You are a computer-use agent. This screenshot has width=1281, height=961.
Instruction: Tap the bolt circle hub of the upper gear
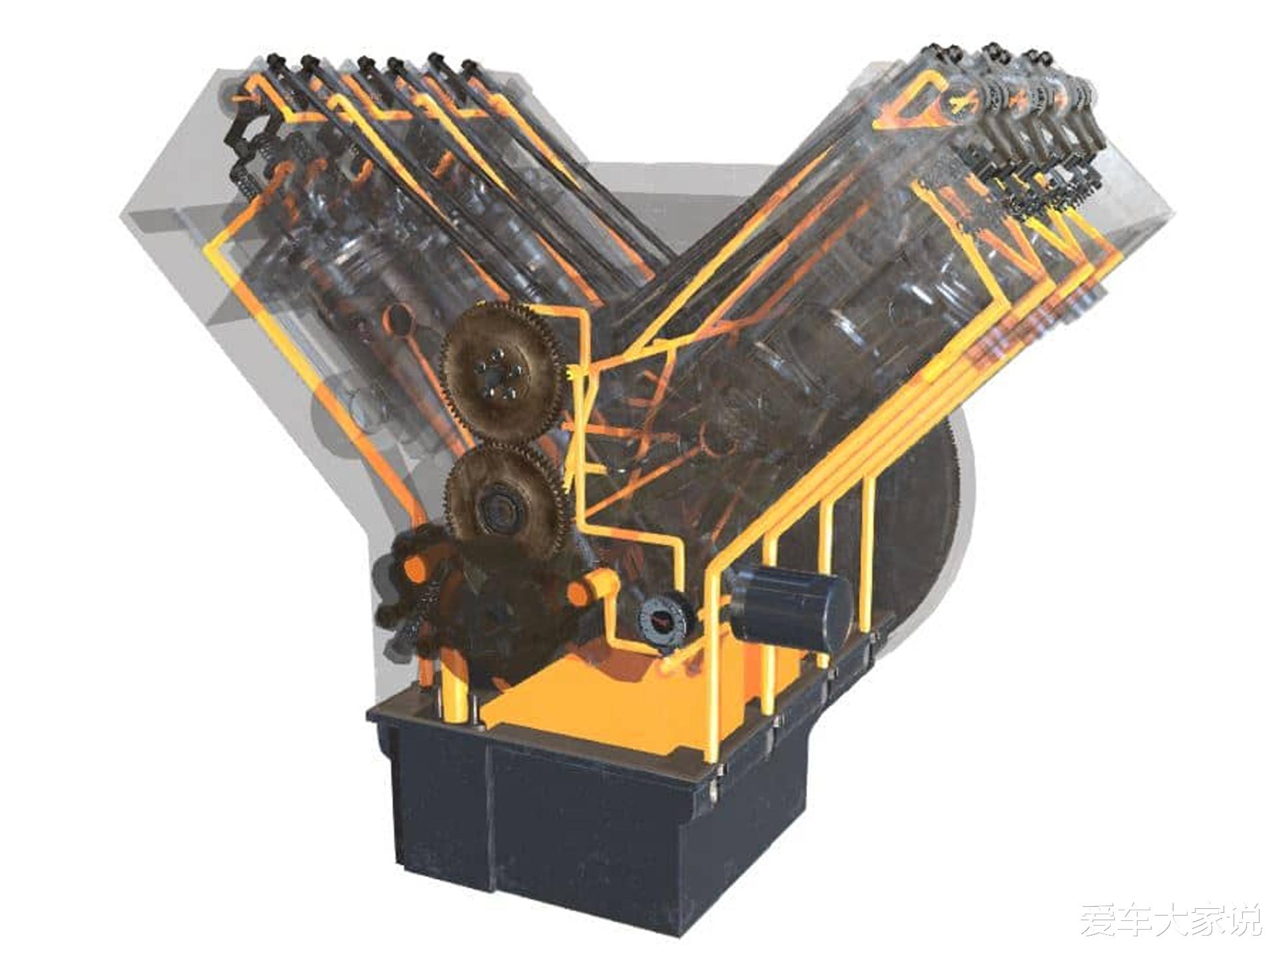[x=498, y=378]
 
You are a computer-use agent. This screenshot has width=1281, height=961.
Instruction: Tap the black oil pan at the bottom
[x=587, y=787]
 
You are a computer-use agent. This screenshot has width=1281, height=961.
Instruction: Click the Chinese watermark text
[x=1171, y=920]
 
